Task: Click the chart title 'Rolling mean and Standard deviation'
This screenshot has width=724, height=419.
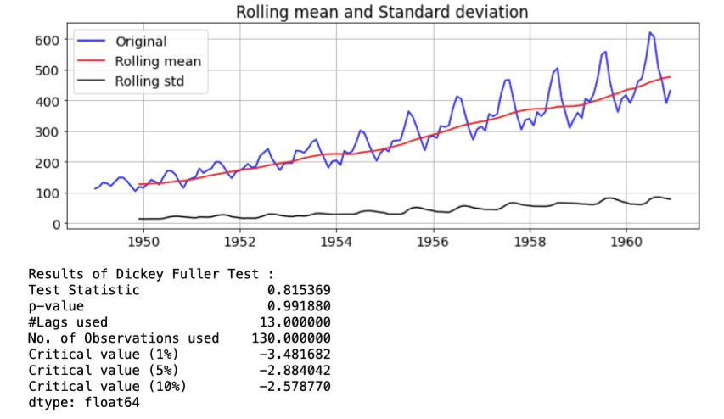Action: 382,12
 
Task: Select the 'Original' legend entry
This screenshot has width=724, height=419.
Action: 141,42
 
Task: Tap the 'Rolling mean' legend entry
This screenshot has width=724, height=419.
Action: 158,62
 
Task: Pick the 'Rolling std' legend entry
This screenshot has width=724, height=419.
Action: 149,82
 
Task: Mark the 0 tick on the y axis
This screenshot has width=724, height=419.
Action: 55,224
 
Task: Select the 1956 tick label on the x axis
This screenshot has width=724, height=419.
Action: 432,243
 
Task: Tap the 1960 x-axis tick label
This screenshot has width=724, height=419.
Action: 626,243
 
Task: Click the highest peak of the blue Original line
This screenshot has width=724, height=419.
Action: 649,33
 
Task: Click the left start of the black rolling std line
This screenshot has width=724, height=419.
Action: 139,219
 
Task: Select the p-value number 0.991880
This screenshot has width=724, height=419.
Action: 299,306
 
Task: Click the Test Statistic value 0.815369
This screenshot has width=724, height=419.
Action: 299,290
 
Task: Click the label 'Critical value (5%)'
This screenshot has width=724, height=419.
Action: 107,371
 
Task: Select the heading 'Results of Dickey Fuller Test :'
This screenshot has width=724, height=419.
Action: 152,274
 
